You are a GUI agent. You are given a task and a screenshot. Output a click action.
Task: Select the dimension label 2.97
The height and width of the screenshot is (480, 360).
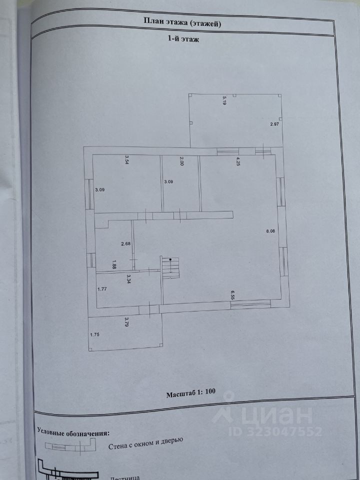coord(274,123)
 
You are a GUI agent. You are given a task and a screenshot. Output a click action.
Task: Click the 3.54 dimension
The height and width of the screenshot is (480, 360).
coord(127,160)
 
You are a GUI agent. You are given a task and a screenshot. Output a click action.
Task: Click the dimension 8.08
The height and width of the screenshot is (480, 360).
coord(270,231)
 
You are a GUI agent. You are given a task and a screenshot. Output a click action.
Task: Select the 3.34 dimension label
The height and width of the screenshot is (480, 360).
coord(129,278)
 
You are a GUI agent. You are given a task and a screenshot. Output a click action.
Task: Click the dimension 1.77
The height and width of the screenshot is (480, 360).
coord(102,288)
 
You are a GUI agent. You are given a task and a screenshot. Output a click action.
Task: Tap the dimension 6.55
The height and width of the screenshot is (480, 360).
coord(233,294)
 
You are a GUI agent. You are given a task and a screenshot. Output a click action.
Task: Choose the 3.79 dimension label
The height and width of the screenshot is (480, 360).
coord(127,321)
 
